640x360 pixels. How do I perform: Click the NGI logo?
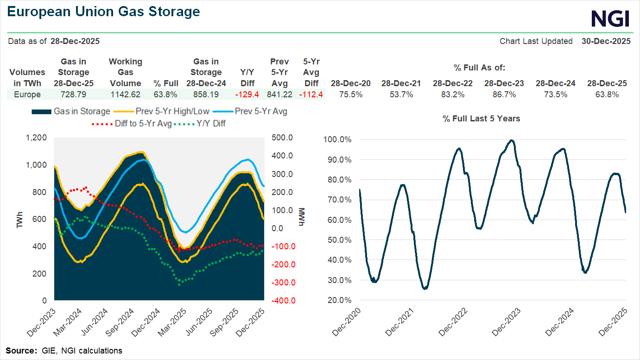coord(610,19)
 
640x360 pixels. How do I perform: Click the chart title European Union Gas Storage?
coord(104,12)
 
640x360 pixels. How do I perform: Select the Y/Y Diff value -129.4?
coord(247,95)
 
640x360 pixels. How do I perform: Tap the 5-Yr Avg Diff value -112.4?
coord(311,95)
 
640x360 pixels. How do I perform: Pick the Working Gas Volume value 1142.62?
coord(125,95)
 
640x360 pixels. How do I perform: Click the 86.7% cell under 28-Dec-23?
coord(504,95)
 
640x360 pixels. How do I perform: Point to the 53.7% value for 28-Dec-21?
coord(401,95)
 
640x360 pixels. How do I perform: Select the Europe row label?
coord(27,95)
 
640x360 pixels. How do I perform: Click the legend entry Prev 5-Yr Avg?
coord(261,111)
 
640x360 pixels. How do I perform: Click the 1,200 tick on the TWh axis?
coord(37,138)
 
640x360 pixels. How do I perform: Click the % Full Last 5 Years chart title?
coord(481,119)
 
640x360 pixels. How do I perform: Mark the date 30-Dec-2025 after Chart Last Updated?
coord(606,41)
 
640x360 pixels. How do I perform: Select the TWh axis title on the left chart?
coord(20,219)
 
